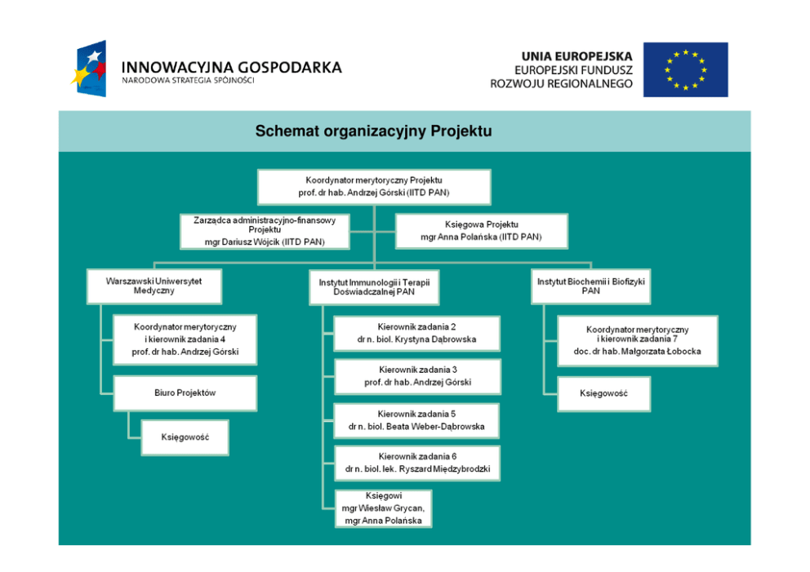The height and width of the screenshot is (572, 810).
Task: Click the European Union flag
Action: [685, 69]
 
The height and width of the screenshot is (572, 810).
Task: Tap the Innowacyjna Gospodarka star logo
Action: [91, 69]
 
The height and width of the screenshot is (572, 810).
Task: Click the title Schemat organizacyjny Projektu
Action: [373, 131]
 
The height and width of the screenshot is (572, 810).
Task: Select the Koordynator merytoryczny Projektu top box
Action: [374, 186]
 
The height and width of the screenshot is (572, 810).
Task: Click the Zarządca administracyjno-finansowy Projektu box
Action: [265, 231]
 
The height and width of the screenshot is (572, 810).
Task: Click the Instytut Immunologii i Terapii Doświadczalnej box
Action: [374, 286]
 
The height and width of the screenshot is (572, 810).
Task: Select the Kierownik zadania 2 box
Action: [416, 333]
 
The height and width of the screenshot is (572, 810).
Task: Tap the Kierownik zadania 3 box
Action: [416, 376]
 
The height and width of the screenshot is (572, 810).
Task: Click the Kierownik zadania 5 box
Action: [416, 420]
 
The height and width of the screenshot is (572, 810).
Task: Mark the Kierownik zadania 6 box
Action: [416, 463]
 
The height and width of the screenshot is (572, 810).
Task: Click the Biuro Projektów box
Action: [185, 392]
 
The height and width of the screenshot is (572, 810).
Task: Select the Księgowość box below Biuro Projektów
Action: [185, 437]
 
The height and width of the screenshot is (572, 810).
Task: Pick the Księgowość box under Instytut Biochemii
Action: [604, 393]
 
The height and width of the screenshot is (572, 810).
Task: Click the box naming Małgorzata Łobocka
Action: [637, 341]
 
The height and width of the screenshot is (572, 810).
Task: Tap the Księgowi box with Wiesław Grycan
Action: [383, 508]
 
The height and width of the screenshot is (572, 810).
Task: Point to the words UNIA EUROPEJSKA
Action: [576, 56]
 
